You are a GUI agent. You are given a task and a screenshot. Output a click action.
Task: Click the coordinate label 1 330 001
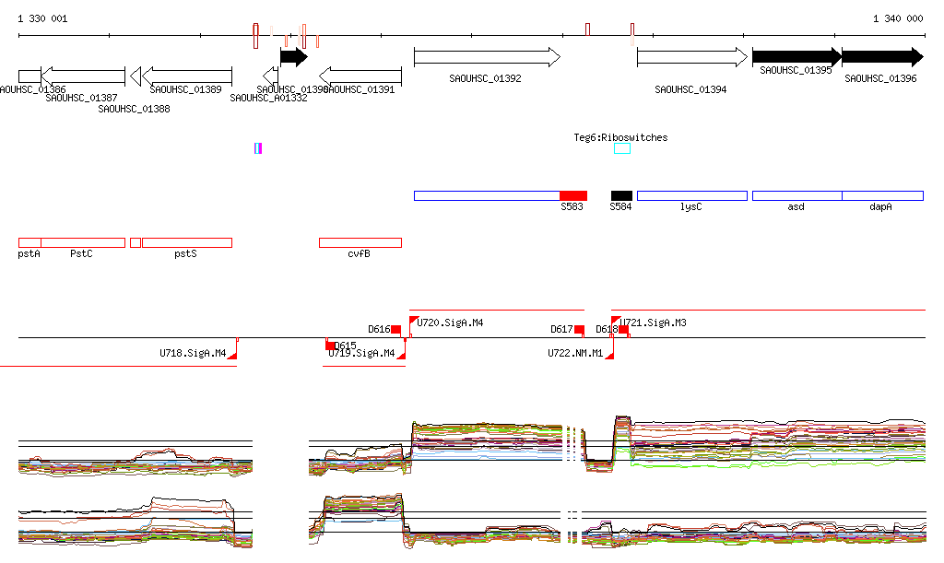[42, 18]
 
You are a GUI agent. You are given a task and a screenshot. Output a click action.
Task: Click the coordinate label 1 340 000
[897, 18]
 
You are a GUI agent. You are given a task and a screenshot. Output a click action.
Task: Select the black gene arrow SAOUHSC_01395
[796, 57]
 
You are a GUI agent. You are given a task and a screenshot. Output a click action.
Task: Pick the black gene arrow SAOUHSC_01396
[881, 57]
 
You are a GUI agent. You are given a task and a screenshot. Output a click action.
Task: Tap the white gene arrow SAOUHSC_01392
[486, 57]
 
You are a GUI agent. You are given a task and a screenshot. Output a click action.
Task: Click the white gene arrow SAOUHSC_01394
[691, 57]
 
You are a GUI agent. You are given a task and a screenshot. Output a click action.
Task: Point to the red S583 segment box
[572, 195]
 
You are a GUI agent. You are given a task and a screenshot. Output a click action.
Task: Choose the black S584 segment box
[621, 195]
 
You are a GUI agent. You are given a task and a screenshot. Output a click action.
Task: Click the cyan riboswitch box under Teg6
[622, 148]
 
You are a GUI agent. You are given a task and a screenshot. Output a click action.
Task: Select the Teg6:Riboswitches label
[620, 137]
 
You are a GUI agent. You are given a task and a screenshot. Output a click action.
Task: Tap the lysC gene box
[691, 195]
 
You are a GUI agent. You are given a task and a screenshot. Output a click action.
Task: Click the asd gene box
[796, 195]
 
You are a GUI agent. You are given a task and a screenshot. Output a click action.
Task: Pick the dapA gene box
[882, 195]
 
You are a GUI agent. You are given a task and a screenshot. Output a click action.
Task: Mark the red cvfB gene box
[360, 242]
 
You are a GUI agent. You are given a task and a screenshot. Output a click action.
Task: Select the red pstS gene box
[186, 242]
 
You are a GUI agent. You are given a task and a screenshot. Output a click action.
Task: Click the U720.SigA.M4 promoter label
[450, 323]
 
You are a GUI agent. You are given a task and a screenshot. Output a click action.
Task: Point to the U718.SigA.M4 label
[192, 353]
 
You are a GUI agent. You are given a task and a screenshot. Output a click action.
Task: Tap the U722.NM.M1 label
[574, 353]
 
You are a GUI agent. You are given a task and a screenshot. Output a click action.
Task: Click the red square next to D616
[395, 329]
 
